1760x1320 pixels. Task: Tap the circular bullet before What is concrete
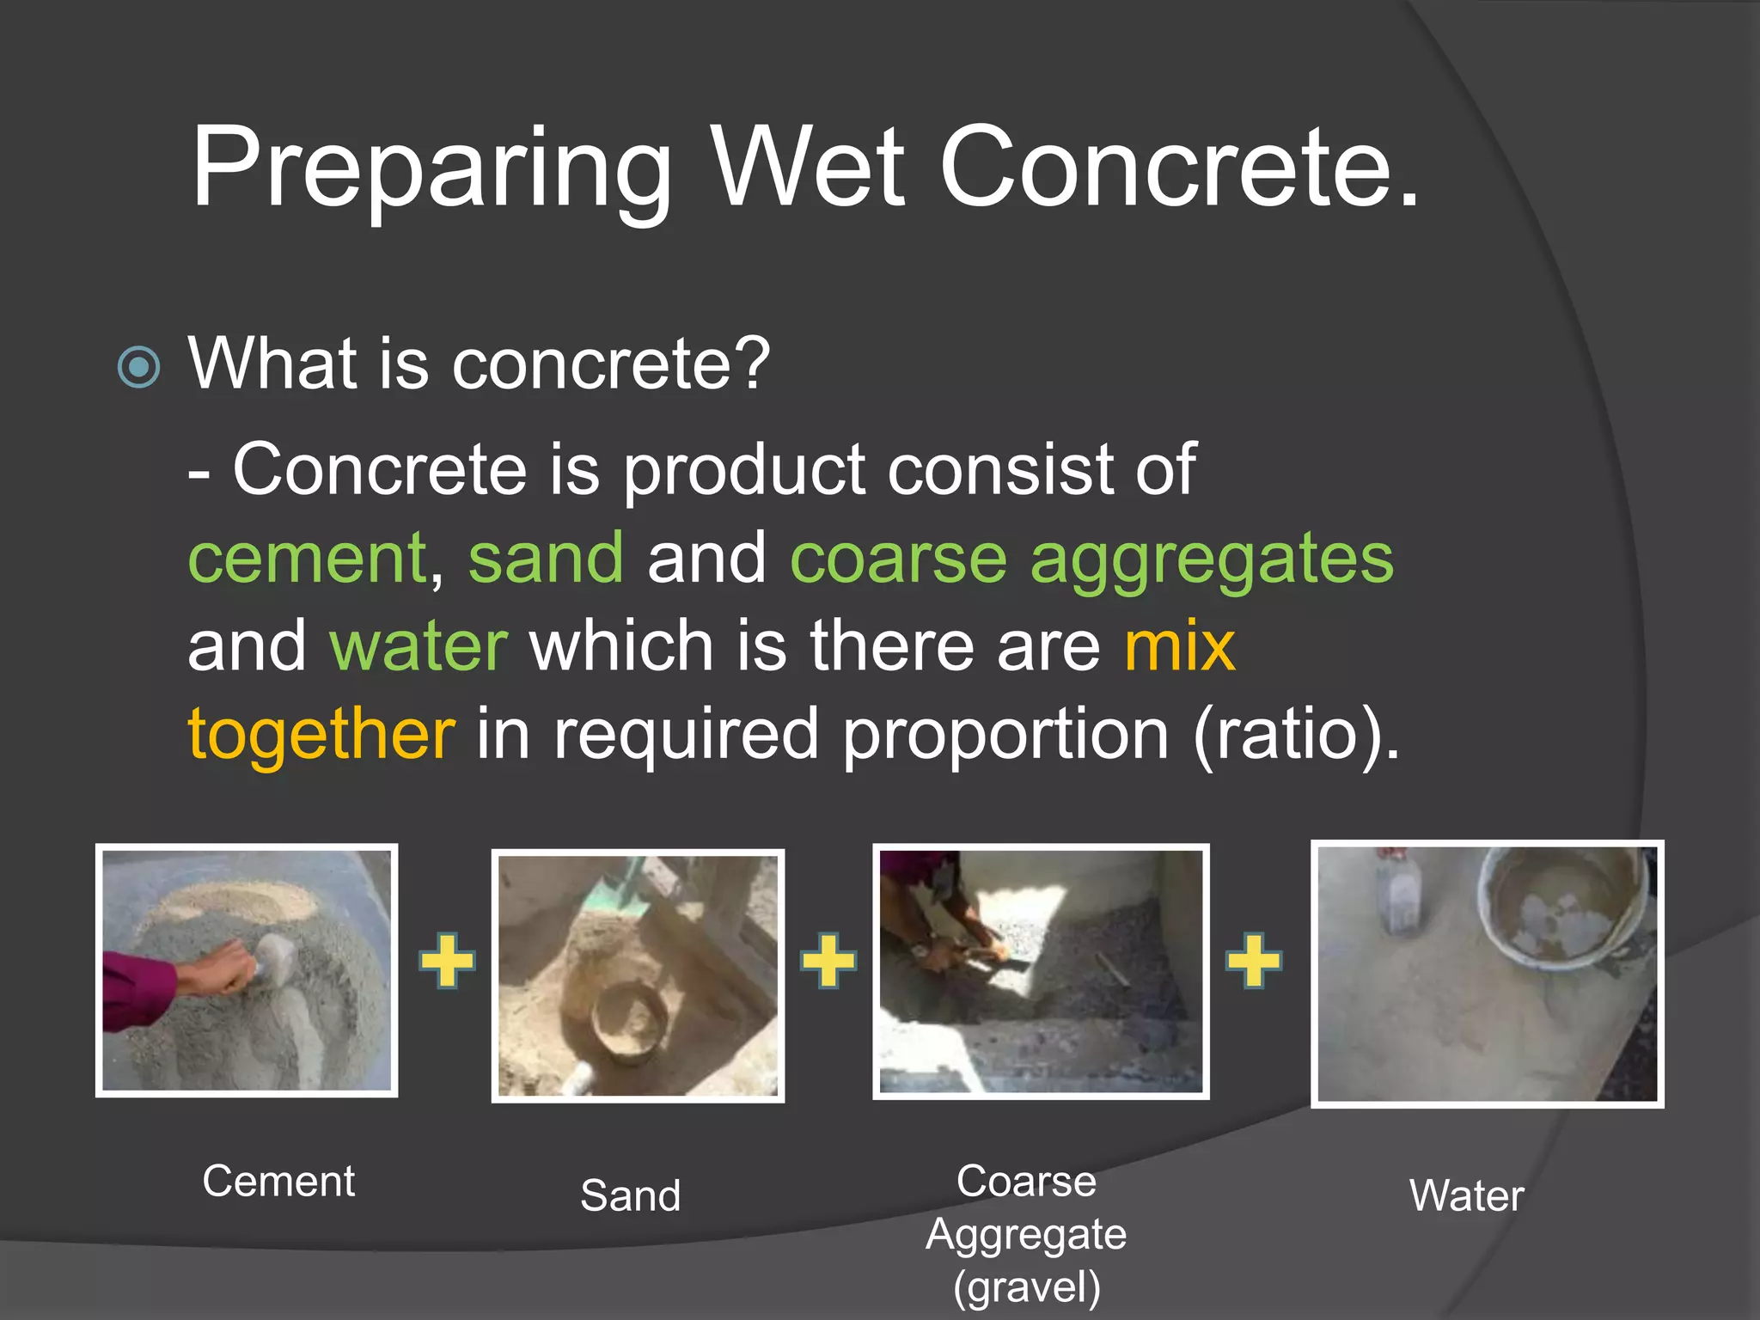tap(138, 368)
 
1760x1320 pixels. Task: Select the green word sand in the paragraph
tap(546, 559)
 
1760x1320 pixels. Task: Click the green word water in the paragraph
tap(419, 646)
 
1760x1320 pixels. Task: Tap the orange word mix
tap(1179, 646)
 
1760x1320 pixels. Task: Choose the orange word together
tap(321, 736)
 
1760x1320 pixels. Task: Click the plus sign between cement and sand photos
tap(446, 960)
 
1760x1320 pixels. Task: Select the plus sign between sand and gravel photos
tap(828, 960)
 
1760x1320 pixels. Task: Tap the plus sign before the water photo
tap(1253, 960)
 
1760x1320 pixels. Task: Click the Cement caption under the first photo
tap(278, 1182)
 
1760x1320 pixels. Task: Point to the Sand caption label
tap(630, 1196)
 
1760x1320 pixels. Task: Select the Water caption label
tap(1466, 1196)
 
